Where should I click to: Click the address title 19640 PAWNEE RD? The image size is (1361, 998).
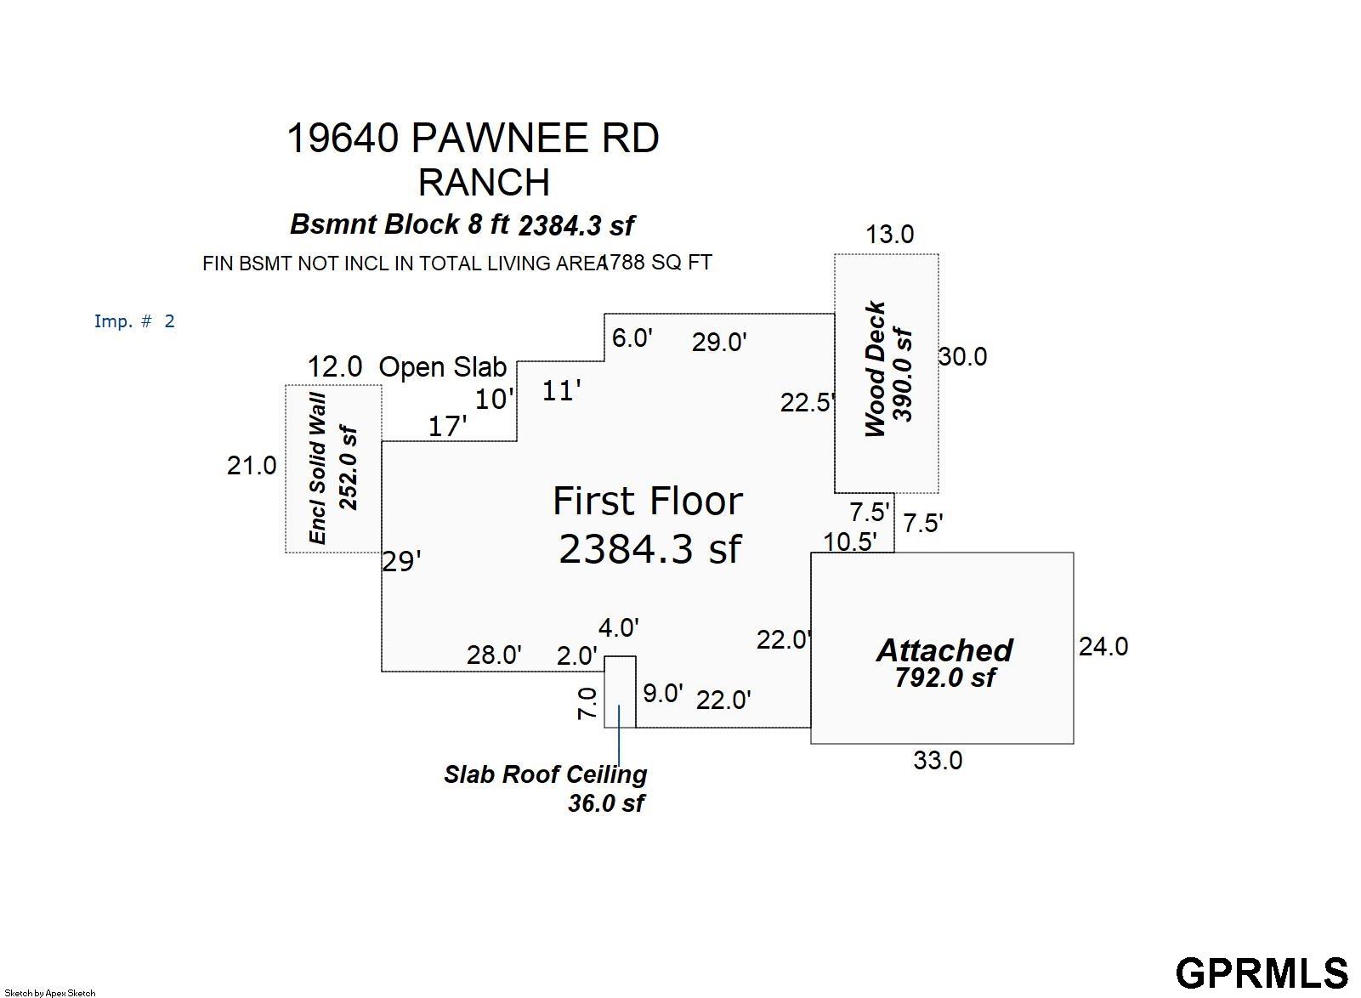(x=473, y=138)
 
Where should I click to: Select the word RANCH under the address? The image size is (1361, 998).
(x=485, y=182)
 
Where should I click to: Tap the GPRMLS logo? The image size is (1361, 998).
(x=1262, y=973)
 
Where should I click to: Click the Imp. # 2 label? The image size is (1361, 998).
(x=134, y=320)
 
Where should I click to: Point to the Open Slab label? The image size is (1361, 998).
(x=442, y=367)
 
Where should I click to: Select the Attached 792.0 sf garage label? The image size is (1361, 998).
(x=944, y=662)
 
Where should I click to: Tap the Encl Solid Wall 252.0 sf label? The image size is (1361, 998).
(x=332, y=468)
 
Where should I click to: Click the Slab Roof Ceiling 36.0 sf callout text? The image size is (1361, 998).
(x=545, y=788)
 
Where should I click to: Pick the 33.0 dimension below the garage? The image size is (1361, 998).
(x=938, y=761)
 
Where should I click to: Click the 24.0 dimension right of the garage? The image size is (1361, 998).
(x=1103, y=646)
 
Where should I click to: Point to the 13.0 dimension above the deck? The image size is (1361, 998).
(x=889, y=234)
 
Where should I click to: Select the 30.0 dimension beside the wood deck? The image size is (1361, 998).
(x=962, y=356)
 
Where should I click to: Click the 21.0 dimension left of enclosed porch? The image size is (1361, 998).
(x=252, y=466)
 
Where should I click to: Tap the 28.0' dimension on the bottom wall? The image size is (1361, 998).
(x=494, y=655)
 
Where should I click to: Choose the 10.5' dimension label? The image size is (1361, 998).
(x=850, y=542)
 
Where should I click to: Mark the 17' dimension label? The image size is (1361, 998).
(x=448, y=427)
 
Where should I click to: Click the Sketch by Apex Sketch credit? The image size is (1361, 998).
(x=50, y=993)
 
